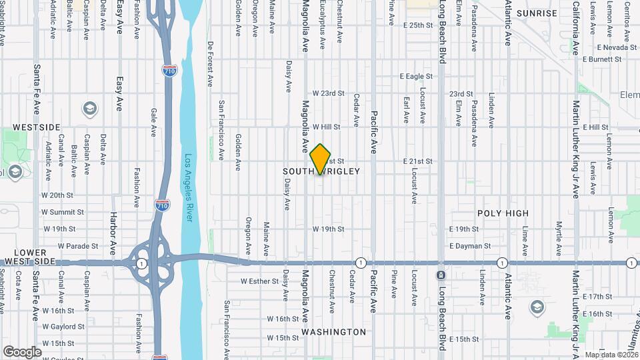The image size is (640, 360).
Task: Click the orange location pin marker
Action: click(321, 159)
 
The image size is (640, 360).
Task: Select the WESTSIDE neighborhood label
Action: click(37, 127)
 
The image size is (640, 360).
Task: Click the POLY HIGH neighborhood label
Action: click(503, 213)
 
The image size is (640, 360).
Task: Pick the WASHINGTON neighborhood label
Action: click(333, 331)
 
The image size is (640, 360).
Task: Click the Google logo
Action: click(22, 352)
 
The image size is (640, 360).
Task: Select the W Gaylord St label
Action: click(63, 327)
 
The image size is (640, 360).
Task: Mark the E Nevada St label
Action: click(617, 48)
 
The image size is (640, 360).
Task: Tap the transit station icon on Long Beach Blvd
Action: click(441, 275)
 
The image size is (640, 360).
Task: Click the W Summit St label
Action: click(63, 212)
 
